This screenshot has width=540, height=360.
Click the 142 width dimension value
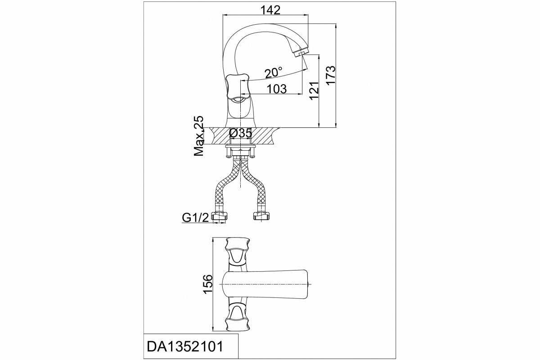[271, 10]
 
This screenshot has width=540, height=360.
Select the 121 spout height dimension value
[314, 90]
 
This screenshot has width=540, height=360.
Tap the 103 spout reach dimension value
[277, 89]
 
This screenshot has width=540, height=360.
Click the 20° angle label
[274, 72]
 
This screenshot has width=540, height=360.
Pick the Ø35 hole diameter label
[241, 133]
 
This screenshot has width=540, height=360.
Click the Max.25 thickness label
[199, 136]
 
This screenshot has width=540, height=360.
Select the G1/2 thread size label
[195, 218]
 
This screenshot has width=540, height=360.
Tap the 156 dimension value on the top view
[208, 284]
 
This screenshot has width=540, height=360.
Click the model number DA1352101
[185, 347]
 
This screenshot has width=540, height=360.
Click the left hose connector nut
[219, 216]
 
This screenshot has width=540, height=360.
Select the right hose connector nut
[261, 216]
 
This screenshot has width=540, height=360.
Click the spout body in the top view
[265, 284]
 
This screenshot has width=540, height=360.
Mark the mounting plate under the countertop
[240, 146]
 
